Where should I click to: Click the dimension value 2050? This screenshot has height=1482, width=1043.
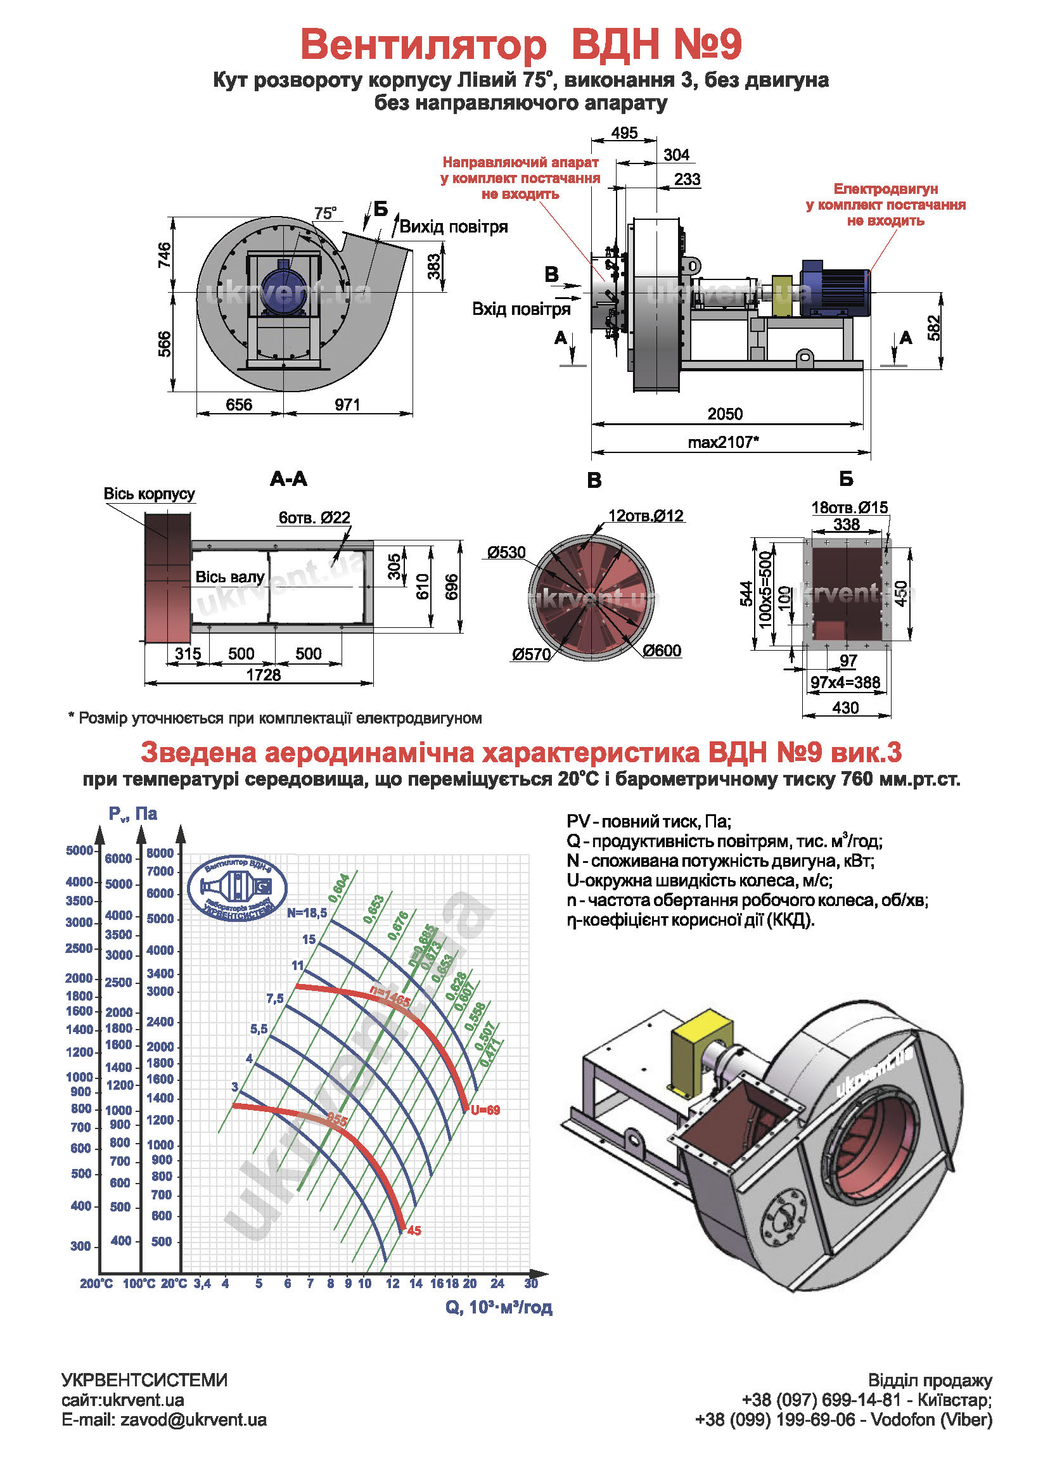(x=724, y=414)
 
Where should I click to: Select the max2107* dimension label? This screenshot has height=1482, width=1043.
(x=723, y=442)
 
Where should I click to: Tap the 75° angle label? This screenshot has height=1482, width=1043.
(x=325, y=214)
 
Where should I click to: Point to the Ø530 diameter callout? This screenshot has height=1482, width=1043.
(x=506, y=553)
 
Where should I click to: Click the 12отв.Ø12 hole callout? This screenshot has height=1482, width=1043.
(x=646, y=516)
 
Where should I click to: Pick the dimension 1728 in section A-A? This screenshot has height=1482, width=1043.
(x=264, y=675)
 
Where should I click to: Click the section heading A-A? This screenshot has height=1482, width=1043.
(x=288, y=479)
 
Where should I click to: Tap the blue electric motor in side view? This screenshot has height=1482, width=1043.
(x=835, y=288)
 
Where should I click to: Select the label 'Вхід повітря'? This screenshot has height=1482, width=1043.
(x=521, y=309)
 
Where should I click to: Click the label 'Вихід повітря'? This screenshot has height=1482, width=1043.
(x=453, y=227)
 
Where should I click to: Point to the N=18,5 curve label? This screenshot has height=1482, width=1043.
(x=307, y=912)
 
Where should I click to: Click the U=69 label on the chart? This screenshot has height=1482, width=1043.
(x=485, y=1110)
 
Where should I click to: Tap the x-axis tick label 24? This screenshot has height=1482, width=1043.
(x=497, y=1284)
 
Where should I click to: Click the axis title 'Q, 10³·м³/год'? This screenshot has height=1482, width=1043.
(x=498, y=1308)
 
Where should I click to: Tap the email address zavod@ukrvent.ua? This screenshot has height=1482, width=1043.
(x=193, y=1420)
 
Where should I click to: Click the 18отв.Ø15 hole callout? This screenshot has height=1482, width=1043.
(x=849, y=508)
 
